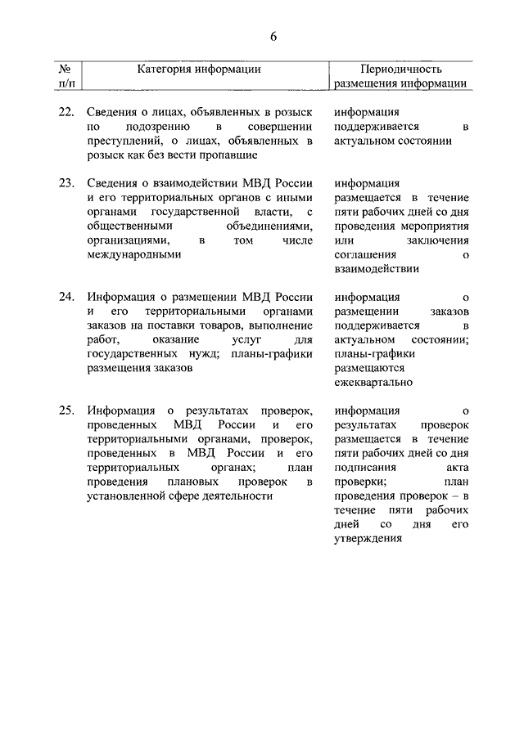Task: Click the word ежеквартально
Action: tap(373, 382)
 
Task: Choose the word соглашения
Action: tap(366, 254)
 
